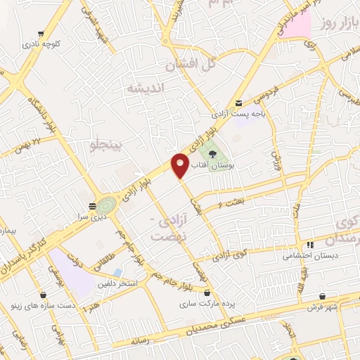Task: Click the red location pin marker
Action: pyautogui.click(x=181, y=166)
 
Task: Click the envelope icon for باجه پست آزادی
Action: pyautogui.click(x=239, y=103)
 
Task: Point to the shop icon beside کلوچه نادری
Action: pyautogui.click(x=42, y=33)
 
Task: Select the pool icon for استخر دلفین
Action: pyautogui.click(x=117, y=272)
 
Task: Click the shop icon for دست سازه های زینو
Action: pyautogui.click(x=44, y=295)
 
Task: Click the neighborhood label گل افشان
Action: pyautogui.click(x=188, y=65)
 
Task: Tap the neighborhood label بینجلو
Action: pyautogui.click(x=106, y=146)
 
